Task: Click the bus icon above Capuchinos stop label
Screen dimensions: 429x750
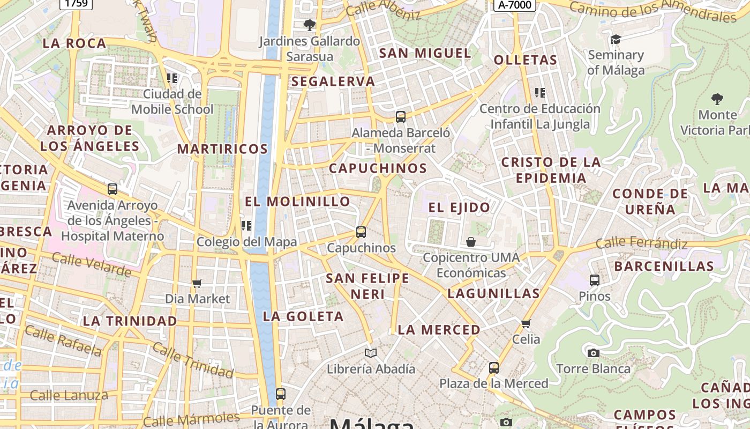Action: tap(361, 232)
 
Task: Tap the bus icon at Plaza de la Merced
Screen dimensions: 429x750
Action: tap(494, 368)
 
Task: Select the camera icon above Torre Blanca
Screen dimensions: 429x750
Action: tap(593, 353)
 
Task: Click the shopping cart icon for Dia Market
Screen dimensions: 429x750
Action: tap(197, 283)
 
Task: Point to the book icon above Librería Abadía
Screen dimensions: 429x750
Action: tap(371, 353)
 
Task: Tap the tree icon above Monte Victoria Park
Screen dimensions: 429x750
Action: tap(717, 99)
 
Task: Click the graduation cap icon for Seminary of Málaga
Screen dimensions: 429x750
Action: tap(616, 39)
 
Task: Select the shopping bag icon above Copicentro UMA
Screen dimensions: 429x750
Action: tap(471, 242)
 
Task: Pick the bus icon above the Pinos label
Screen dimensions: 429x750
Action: tap(595, 280)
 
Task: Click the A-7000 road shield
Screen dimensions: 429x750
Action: tap(514, 5)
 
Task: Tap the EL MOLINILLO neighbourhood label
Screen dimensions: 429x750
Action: tap(298, 202)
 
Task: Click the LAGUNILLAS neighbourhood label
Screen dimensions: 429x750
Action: tap(493, 293)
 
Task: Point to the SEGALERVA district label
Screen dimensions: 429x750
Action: tap(333, 82)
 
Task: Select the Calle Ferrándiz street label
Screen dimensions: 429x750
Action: tap(641, 243)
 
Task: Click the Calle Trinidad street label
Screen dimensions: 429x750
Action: tap(193, 359)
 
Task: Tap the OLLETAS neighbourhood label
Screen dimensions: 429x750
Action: tap(526, 60)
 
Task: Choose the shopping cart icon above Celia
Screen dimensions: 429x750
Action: tap(526, 323)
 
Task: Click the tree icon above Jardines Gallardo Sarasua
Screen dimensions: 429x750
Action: tap(309, 25)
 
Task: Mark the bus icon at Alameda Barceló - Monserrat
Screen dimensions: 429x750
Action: tap(400, 116)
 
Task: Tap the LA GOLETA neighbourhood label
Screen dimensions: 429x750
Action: tap(303, 316)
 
